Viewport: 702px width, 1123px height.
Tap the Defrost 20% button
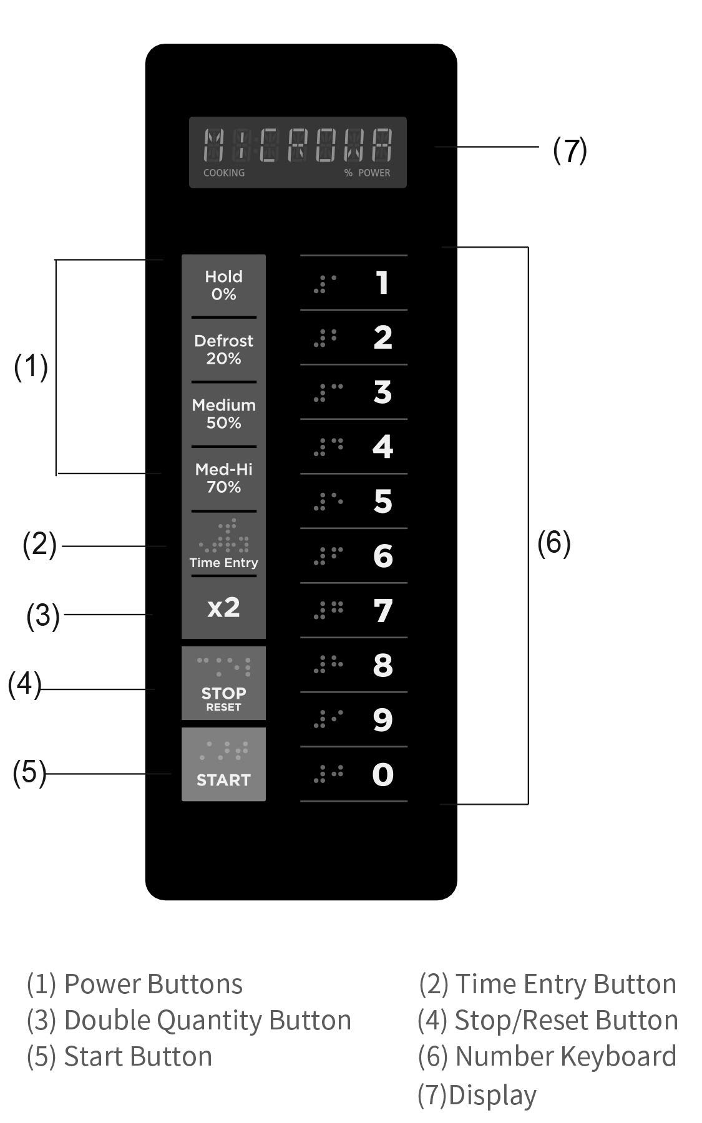click(x=223, y=349)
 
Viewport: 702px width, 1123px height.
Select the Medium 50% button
click(x=223, y=414)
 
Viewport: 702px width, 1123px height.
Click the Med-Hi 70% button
click(x=223, y=478)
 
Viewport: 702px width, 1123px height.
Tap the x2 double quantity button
click(x=223, y=608)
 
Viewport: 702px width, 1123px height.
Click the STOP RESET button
click(x=223, y=683)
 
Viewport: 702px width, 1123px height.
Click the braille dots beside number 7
click(x=329, y=610)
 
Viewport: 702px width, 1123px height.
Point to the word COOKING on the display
click(x=224, y=173)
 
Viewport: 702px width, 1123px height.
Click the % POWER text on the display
click(x=368, y=173)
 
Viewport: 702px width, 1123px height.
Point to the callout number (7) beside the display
click(x=570, y=150)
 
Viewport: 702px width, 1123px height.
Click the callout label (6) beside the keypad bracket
click(x=554, y=543)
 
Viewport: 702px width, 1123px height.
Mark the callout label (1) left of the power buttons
click(x=31, y=367)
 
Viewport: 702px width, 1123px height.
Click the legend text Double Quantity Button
click(x=208, y=1021)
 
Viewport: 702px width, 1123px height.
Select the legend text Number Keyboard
click(x=566, y=1056)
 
